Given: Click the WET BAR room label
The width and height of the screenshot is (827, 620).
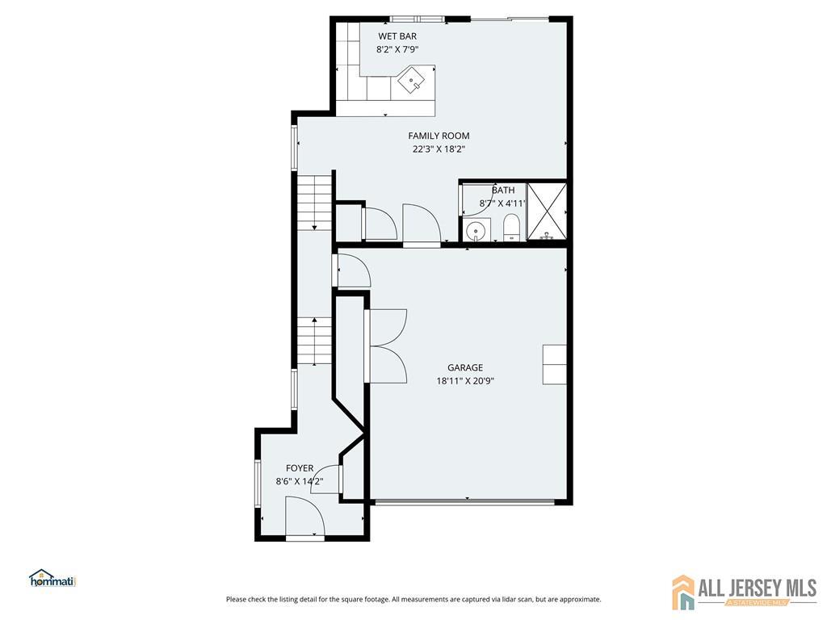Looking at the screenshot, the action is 397,36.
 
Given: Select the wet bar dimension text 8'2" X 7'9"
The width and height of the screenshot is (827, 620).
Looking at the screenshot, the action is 397,49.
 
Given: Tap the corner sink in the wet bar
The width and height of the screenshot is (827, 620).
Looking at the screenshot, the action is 411,80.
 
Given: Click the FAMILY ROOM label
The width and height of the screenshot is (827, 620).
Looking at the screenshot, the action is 439,136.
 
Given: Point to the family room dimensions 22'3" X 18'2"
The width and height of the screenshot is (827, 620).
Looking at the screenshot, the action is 439,149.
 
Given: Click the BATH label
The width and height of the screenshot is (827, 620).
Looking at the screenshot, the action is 503,191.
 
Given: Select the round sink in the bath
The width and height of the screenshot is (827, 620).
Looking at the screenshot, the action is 477,230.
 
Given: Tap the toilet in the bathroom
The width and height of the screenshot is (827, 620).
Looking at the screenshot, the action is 511,228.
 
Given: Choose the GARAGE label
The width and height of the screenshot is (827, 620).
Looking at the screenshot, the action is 465,368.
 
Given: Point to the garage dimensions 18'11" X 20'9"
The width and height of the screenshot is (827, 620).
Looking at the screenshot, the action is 465,381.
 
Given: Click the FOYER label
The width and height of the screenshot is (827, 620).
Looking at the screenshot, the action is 300,468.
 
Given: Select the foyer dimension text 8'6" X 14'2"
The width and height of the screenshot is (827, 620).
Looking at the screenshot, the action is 300,481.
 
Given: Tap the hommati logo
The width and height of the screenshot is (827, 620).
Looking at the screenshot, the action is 52,578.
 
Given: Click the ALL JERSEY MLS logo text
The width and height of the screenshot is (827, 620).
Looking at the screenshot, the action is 758,588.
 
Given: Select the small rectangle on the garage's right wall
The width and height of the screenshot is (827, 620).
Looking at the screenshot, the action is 555,365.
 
